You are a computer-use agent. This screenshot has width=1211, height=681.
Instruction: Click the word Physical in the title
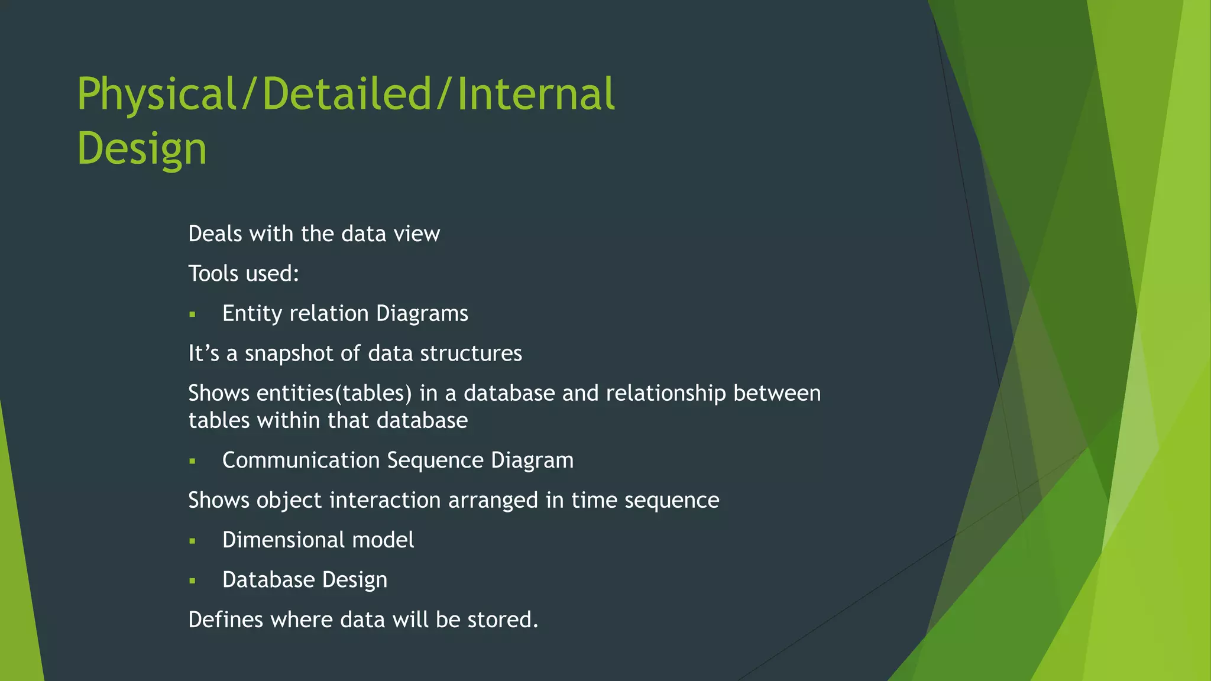157,95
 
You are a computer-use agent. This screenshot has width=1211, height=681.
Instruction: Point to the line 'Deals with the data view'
313,234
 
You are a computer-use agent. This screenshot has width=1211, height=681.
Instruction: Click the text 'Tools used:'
244,274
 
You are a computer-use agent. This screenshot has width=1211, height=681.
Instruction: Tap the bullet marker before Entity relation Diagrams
192,314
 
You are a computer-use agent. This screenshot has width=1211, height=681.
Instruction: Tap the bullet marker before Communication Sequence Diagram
192,461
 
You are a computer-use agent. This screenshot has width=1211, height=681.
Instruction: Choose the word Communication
301,460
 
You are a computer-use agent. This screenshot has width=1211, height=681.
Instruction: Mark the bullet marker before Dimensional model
192,541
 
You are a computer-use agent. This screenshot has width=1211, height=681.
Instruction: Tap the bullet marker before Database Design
192,581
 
